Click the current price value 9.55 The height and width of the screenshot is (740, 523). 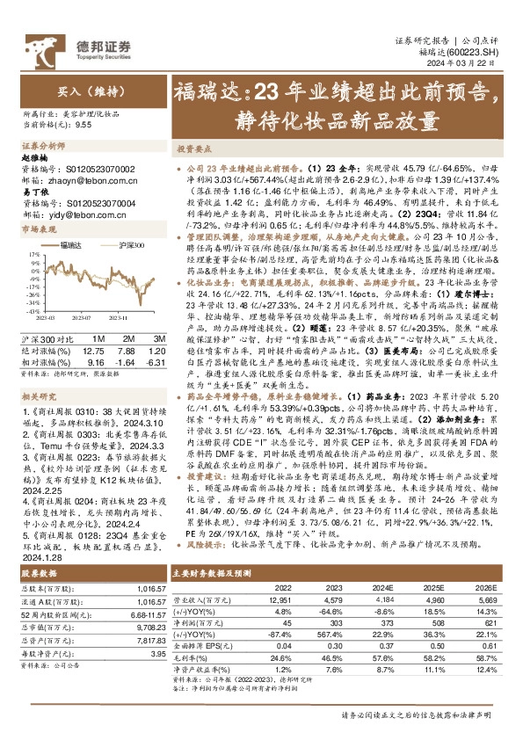84,126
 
